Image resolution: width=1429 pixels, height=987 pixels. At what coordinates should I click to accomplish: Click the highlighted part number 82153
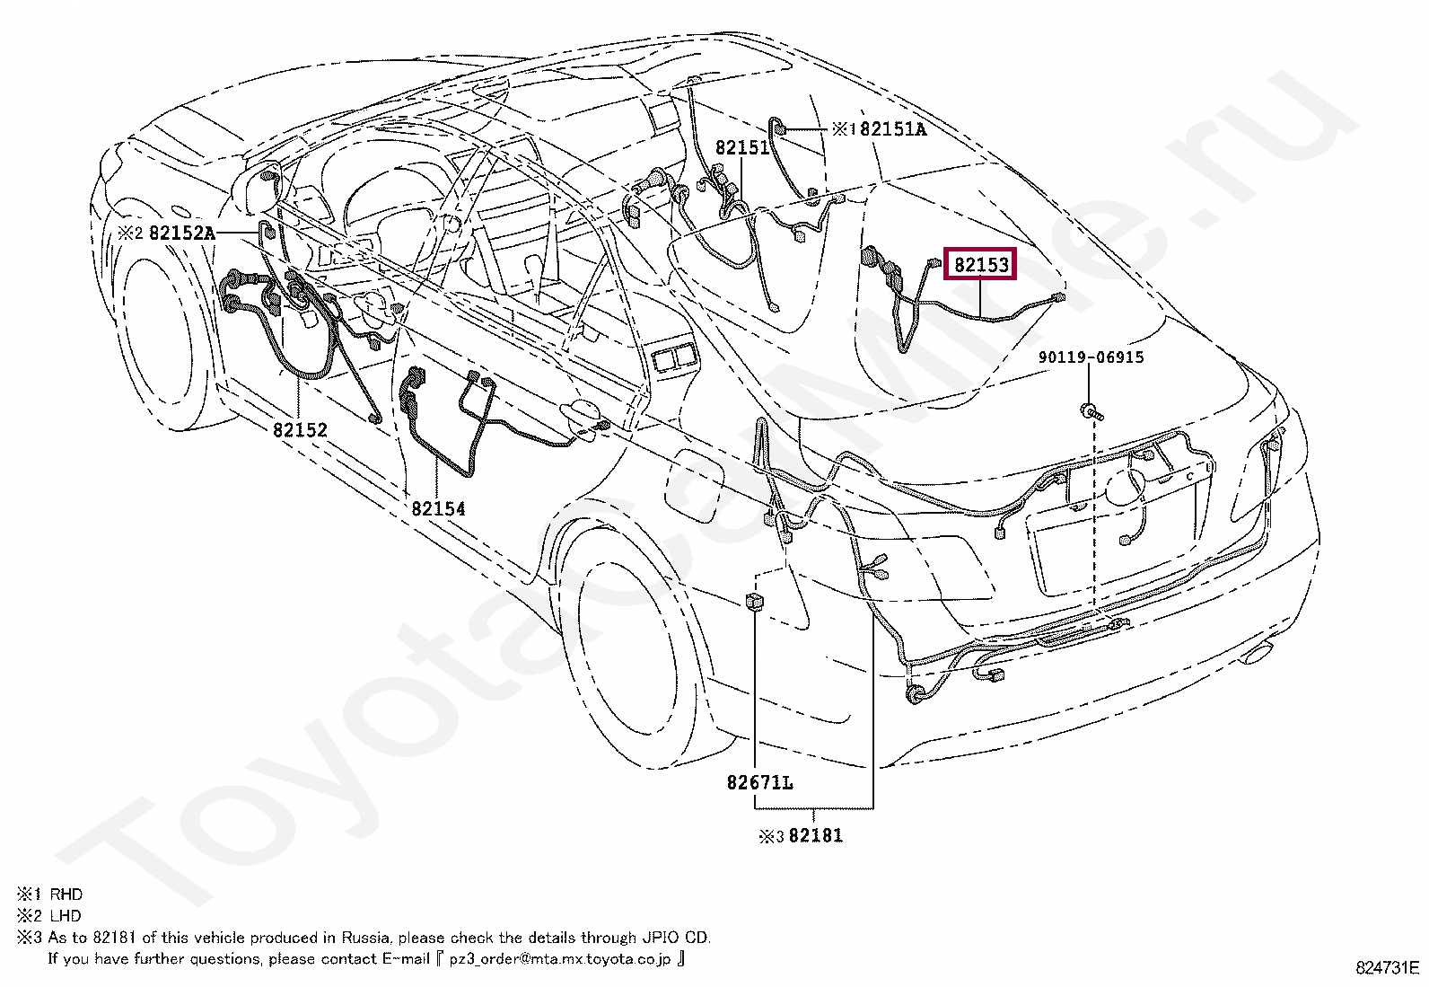tap(981, 265)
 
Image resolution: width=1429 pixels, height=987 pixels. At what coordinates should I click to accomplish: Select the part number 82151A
tap(892, 129)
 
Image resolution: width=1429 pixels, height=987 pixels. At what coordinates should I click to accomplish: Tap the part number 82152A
tap(181, 234)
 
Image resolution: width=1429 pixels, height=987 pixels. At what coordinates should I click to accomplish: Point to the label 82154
tap(438, 509)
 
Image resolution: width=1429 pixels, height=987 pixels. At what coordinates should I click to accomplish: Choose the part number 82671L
tap(759, 783)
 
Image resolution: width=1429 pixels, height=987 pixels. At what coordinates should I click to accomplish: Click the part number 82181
tap(815, 836)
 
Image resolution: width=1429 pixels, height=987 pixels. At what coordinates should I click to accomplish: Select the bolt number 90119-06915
tap(1091, 357)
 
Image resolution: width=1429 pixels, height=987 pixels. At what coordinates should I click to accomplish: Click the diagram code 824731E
tap(1387, 968)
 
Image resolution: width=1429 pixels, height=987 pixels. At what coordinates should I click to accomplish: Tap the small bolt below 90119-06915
tap(1091, 412)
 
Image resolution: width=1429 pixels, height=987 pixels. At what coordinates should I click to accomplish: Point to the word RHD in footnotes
tap(66, 894)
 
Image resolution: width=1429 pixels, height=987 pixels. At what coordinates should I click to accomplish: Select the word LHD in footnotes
tap(66, 916)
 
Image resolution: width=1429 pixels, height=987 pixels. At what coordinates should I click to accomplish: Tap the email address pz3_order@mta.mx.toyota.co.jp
tap(559, 959)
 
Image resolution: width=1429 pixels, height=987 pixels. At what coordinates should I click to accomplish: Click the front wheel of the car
tap(162, 332)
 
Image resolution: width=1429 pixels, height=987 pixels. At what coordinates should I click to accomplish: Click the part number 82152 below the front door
tap(300, 430)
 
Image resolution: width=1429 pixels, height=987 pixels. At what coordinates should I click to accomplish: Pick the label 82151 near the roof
tap(742, 148)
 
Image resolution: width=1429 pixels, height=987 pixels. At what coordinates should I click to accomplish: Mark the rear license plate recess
tap(1118, 539)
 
